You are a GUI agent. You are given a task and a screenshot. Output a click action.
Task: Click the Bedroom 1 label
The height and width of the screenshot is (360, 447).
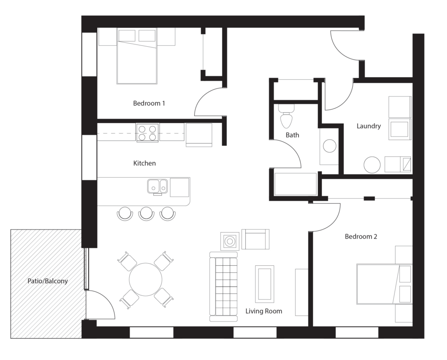coord(149,103)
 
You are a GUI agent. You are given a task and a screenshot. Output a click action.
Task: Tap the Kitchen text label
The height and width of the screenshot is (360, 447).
coord(144,163)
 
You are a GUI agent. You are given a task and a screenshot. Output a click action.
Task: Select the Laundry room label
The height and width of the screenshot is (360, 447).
coord(368,126)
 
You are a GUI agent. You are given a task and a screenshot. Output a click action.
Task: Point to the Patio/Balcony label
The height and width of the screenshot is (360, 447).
coord(48,281)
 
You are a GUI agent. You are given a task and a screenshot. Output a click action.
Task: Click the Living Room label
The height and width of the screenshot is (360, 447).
coord(264,311)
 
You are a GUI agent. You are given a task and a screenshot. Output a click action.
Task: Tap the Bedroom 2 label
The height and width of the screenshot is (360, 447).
coord(361,237)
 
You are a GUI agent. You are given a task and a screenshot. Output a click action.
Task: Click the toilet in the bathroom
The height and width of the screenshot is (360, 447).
coord(286,116)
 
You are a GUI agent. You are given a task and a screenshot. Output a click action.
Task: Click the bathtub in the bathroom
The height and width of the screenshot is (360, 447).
coord(296,184)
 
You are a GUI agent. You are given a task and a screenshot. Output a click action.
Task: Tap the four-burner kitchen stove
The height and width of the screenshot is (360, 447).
coord(148,133)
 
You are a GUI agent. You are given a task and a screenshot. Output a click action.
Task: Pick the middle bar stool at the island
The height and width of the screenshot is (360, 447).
coord(146,213)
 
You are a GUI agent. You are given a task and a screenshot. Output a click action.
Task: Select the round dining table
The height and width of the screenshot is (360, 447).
coord(145,279)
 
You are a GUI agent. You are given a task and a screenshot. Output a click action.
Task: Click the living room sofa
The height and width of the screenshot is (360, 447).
coord(223,286)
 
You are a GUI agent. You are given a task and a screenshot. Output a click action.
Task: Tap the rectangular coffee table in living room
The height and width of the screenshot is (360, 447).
coord(265,284)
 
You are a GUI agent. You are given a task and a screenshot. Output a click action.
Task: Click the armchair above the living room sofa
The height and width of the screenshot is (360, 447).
coord(255,239)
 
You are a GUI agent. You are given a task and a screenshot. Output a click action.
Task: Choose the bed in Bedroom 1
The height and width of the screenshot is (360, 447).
coord(137,56)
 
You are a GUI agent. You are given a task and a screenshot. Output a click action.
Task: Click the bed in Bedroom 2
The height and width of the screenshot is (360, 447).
coord(385,284)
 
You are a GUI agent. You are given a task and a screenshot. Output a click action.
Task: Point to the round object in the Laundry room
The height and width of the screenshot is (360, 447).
coord(372,165)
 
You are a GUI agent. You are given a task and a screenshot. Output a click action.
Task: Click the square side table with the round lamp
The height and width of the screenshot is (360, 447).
coord(230,241)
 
